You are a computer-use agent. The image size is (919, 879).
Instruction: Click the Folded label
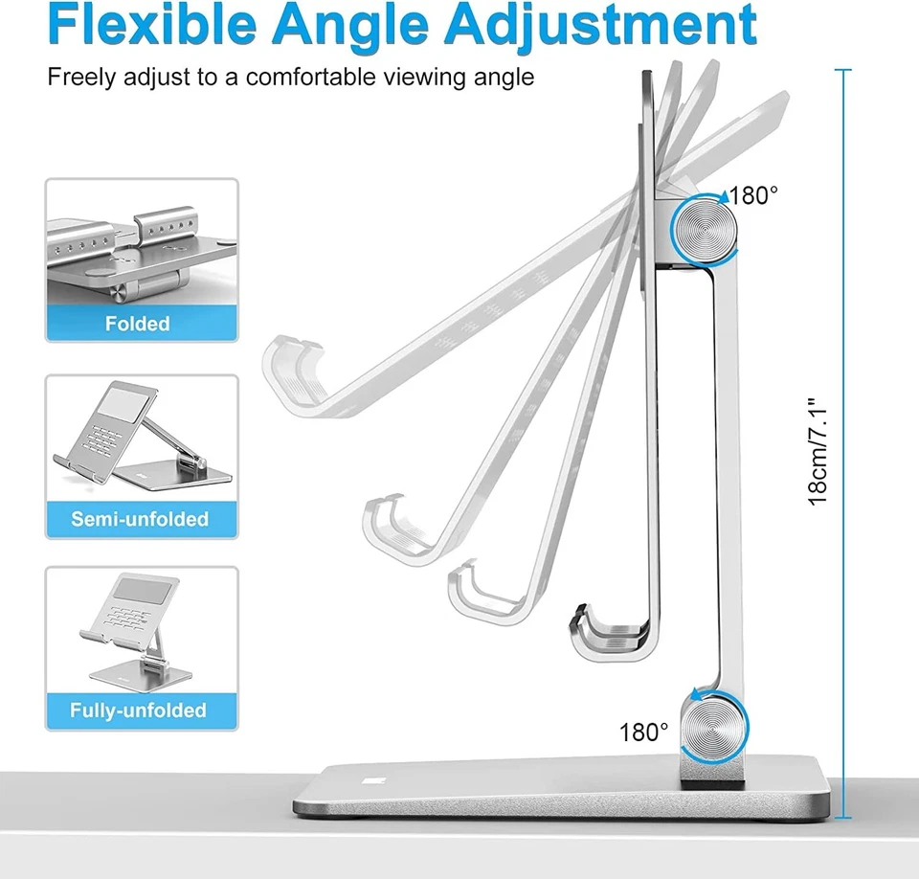coord(138,324)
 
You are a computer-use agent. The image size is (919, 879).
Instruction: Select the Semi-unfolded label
coord(140,519)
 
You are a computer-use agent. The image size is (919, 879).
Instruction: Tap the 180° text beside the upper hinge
coord(754,196)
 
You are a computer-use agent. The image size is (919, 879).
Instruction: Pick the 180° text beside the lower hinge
coord(644,733)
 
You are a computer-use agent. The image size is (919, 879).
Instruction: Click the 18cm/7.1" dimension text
coord(818,452)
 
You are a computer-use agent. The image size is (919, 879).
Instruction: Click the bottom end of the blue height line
coord(843,818)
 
